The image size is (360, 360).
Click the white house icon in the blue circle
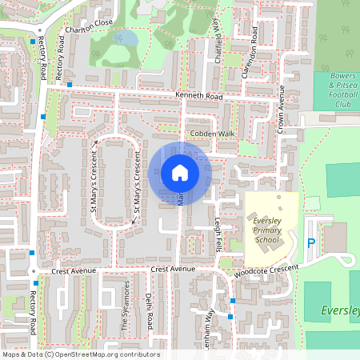[x=180, y=173]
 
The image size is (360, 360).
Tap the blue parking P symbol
[x=311, y=242]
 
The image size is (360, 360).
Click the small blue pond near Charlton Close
[x=126, y=38]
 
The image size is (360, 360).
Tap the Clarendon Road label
[x=251, y=51]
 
